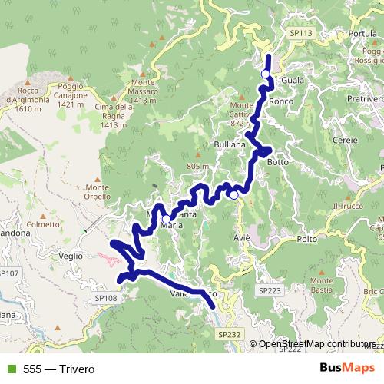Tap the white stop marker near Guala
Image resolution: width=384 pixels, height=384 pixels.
coord(266,74)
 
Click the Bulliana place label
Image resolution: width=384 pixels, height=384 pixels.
coord(228,144)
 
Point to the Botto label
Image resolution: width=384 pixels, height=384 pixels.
coord(276,162)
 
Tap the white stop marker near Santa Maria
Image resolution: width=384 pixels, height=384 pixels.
coord(166,219)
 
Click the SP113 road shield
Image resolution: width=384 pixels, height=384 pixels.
coord(301,34)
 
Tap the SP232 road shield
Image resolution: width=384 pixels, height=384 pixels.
coord(228,334)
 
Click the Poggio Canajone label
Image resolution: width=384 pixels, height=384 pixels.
coord(70,95)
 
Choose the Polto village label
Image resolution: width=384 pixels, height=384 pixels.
coord(306,240)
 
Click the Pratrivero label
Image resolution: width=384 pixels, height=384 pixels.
coord(362,99)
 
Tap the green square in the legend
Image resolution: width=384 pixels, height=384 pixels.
coord(10,369)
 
